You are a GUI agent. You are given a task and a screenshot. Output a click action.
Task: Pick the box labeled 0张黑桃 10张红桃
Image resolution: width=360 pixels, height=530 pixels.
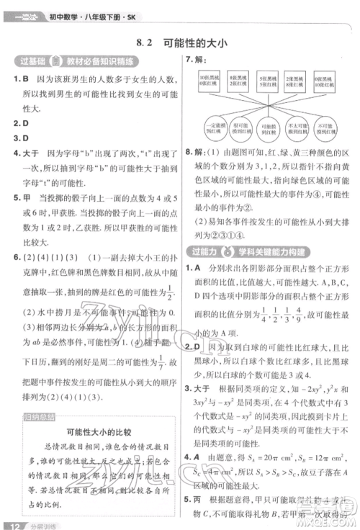pos(331,78)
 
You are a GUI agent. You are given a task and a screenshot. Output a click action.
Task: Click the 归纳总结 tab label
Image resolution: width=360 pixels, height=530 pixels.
pos(32,416)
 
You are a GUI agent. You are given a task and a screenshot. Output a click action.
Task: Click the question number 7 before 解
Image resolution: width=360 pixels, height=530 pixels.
pos(188,60)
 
